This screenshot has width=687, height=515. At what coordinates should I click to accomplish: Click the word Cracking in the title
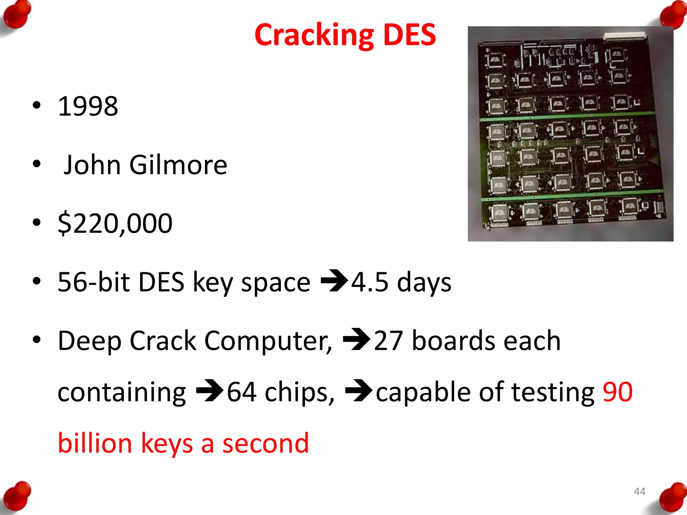click(314, 36)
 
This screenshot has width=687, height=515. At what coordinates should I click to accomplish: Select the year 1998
click(88, 106)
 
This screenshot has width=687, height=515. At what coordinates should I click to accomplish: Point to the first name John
click(92, 165)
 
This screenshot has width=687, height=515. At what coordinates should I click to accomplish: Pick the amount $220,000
click(115, 223)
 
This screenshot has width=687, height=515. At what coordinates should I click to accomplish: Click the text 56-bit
click(94, 282)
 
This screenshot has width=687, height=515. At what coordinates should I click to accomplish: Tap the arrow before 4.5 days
click(334, 281)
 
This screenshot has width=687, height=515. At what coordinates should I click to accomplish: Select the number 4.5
click(370, 282)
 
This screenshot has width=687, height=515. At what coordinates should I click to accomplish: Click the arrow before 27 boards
click(356, 339)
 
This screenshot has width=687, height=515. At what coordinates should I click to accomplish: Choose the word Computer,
click(268, 341)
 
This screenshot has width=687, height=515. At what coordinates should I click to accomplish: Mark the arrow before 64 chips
click(210, 390)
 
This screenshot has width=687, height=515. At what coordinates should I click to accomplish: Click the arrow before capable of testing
click(358, 390)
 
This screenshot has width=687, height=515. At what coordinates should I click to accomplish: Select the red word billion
click(95, 443)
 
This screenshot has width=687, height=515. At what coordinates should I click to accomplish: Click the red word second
click(265, 443)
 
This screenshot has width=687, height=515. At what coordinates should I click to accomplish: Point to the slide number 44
click(639, 492)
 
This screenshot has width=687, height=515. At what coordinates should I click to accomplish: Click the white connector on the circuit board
click(625, 36)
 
